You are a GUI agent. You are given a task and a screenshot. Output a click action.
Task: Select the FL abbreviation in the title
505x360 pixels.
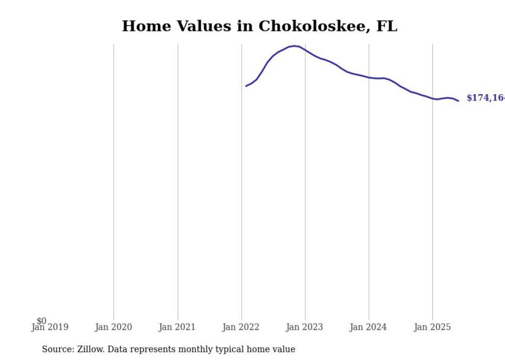[x=386, y=26]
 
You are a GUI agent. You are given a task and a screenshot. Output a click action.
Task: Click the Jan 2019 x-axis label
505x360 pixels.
[x=49, y=327]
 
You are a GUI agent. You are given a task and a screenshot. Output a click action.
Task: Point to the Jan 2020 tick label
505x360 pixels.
[x=113, y=327]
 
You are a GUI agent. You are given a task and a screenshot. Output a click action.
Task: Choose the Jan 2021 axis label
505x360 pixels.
[x=177, y=327]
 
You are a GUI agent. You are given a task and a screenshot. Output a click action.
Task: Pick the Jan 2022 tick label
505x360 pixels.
[x=241, y=327]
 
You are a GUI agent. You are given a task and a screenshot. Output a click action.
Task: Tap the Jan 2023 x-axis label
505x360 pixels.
[x=305, y=327]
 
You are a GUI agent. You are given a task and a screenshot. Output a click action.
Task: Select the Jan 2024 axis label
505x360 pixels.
[x=368, y=327]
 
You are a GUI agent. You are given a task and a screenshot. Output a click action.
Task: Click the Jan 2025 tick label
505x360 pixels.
[x=432, y=327]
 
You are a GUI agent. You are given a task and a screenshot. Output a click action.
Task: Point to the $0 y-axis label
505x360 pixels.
[x=41, y=321]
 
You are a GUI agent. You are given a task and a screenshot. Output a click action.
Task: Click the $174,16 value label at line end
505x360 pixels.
[x=485, y=98]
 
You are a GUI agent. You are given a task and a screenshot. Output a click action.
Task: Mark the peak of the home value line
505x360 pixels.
[x=294, y=46]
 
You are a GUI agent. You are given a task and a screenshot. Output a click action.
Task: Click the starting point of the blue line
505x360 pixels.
[x=246, y=86]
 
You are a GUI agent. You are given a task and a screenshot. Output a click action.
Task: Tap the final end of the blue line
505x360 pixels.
[x=458, y=100]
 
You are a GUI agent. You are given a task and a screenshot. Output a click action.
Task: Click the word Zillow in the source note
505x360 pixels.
[x=90, y=349]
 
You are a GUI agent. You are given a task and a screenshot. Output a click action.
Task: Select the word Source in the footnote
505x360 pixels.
[x=57, y=349]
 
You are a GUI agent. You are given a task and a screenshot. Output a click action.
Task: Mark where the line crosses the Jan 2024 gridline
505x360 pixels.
[x=369, y=78]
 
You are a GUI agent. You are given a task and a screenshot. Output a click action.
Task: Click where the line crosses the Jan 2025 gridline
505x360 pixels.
[x=433, y=98]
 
